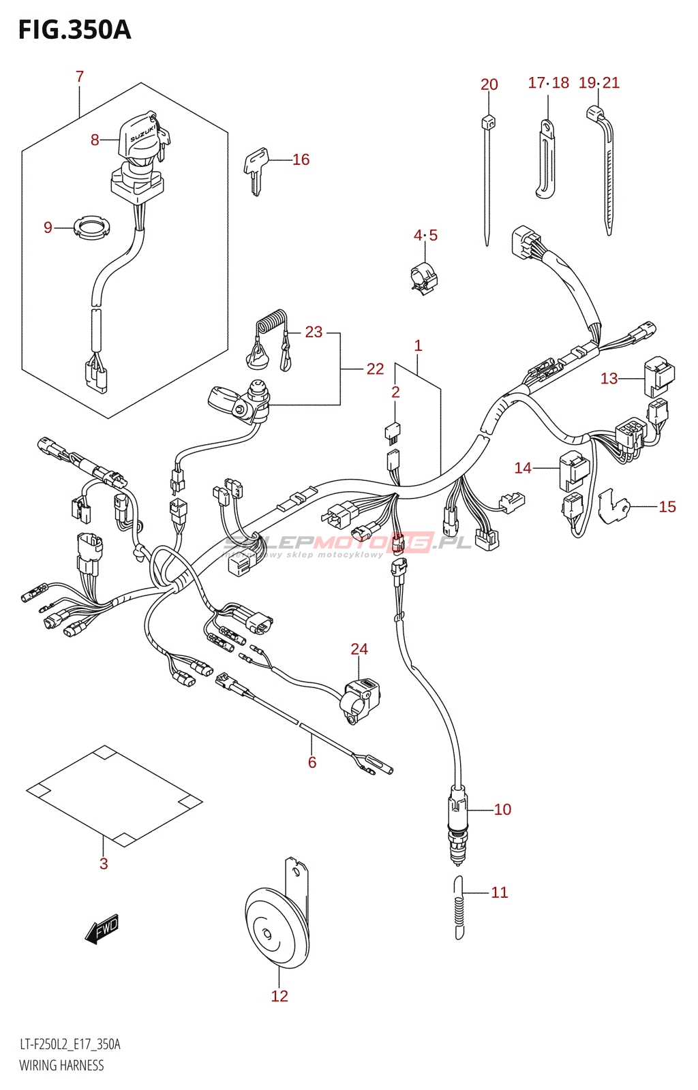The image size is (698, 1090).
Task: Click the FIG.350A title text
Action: [x=74, y=30]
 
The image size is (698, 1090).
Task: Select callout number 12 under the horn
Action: [x=279, y=996]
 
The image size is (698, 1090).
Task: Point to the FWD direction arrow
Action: [x=102, y=929]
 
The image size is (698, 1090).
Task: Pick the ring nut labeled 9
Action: [x=91, y=227]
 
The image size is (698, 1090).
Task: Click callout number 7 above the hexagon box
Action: [x=80, y=76]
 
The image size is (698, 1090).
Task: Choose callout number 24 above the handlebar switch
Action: [x=359, y=649]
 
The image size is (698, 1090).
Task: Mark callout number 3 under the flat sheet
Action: [x=104, y=864]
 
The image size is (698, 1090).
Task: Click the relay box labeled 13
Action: [x=658, y=376]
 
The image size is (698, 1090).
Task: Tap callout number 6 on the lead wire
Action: [x=312, y=762]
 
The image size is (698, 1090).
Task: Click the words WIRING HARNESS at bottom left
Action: [x=61, y=1065]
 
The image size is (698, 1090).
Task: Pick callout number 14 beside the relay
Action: [x=523, y=468]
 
